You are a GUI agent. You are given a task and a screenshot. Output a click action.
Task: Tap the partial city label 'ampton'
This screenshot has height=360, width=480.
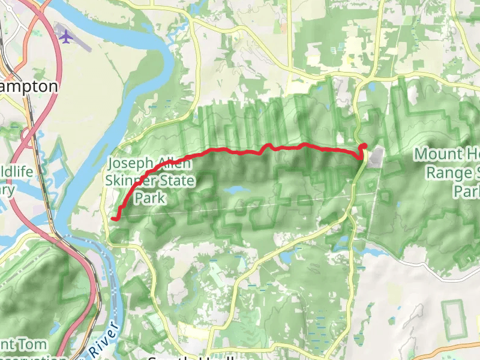pyautogui.click(x=30, y=86)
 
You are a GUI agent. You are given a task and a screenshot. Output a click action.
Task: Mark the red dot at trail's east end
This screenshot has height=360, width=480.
pyautogui.click(x=364, y=146)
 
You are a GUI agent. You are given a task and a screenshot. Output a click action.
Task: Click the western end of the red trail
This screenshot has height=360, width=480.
pyautogui.click(x=113, y=219)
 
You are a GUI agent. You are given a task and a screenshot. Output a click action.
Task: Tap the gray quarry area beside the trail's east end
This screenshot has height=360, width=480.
pyautogui.click(x=376, y=157)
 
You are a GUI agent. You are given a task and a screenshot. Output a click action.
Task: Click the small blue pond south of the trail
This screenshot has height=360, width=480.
pyautogui.click(x=237, y=191)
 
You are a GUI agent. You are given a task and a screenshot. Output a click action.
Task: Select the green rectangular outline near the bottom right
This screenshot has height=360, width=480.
pyautogui.click(x=455, y=319)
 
